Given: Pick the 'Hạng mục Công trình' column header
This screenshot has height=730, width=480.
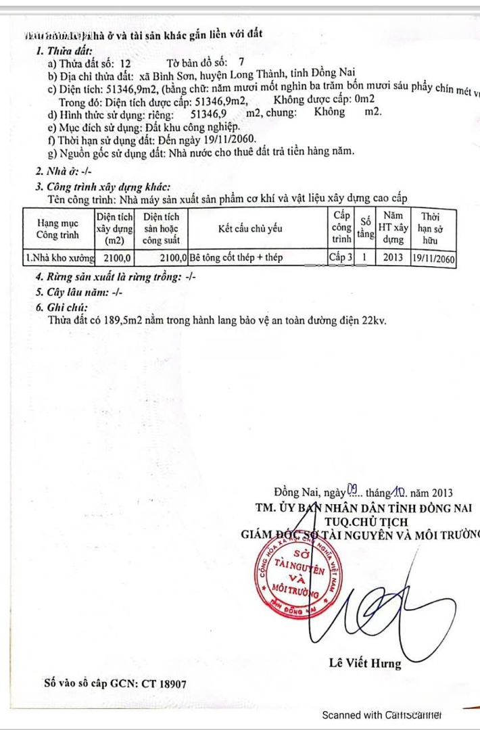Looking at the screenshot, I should point(57,228).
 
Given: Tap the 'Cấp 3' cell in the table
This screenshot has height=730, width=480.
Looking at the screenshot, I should point(341,258).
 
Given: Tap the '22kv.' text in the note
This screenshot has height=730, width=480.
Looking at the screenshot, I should point(374,320).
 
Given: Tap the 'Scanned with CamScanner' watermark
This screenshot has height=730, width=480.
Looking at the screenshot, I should point(381,715).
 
